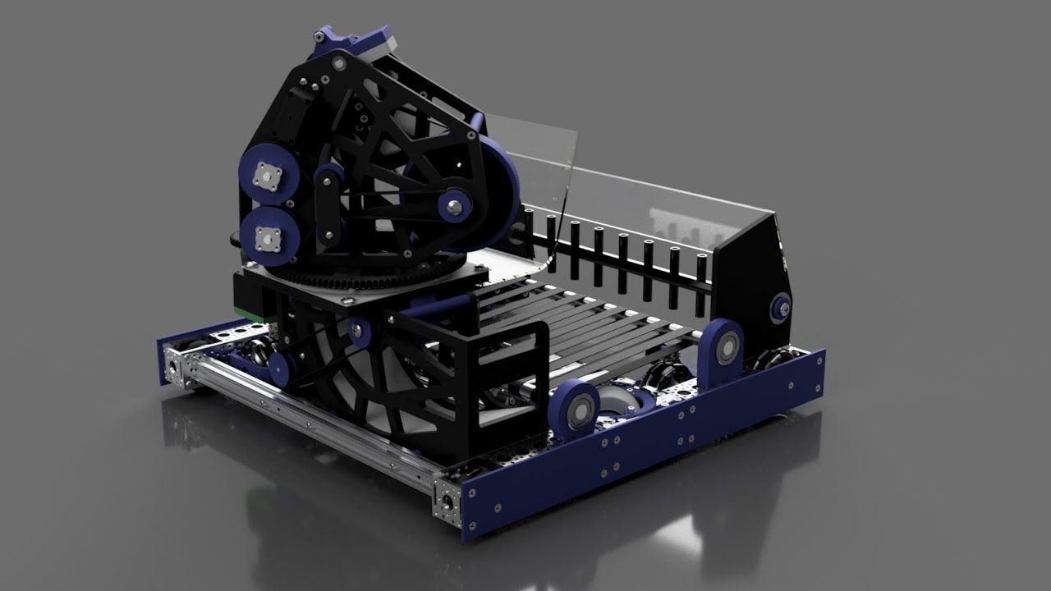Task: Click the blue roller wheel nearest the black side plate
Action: pos(723,344)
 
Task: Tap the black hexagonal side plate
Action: pos(755,271)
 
